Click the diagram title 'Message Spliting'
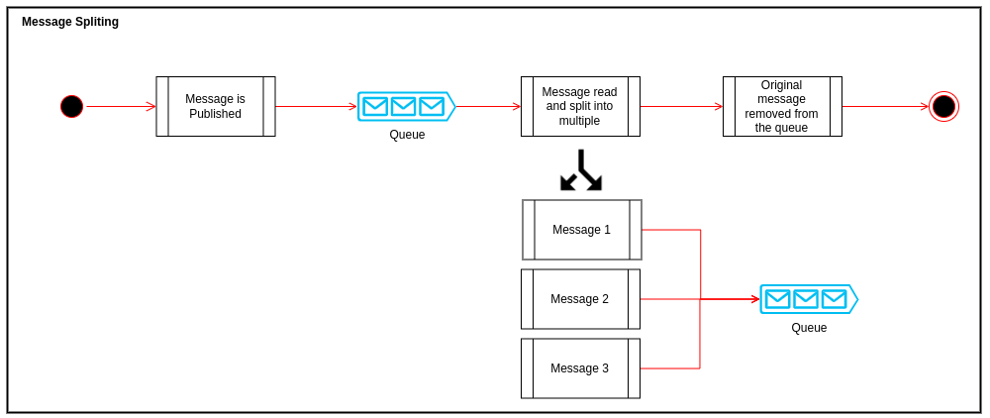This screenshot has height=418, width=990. click(x=70, y=22)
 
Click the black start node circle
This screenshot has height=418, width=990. click(x=71, y=106)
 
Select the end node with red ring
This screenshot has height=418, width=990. click(x=943, y=106)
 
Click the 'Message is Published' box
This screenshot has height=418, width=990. click(x=215, y=106)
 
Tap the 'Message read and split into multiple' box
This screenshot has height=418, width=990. click(x=580, y=106)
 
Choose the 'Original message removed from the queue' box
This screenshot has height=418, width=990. click(x=782, y=106)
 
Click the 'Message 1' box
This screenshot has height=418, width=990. click(x=581, y=230)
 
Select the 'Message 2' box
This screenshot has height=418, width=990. click(x=580, y=299)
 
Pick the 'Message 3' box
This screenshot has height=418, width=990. click(x=580, y=368)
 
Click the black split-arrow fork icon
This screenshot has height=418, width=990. click(x=581, y=170)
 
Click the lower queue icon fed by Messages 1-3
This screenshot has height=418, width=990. click(x=808, y=299)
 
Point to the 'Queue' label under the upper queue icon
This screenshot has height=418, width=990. click(x=407, y=135)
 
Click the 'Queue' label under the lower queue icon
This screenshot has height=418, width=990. click(x=809, y=328)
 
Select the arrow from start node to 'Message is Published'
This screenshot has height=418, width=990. click(x=120, y=106)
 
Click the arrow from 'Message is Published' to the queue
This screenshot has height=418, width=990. click(x=316, y=106)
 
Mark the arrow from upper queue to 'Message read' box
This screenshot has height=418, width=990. click(x=487, y=106)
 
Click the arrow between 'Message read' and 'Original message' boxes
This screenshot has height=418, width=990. click(x=681, y=106)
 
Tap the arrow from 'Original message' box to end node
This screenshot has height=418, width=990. click(x=885, y=106)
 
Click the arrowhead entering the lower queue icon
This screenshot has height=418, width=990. click(x=755, y=299)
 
